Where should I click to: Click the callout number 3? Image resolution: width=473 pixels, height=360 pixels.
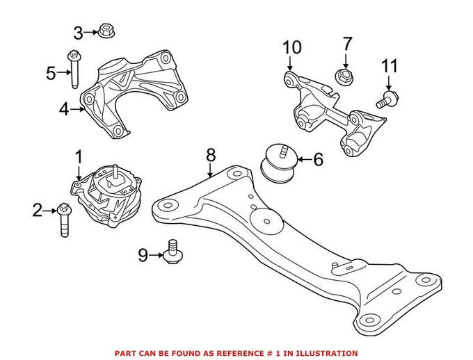click(x=78, y=32)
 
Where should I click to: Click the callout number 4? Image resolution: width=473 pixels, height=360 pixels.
click(x=64, y=109)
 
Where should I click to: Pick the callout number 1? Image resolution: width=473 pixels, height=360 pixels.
click(x=78, y=156)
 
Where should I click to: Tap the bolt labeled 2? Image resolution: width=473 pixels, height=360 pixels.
click(x=63, y=219)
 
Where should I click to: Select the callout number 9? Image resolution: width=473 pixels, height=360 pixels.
click(x=143, y=256)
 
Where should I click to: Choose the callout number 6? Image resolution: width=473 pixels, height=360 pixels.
click(x=318, y=160)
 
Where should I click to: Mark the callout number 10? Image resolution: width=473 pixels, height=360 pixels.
click(x=292, y=48)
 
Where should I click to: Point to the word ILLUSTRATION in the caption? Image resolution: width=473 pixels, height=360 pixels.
click(x=327, y=353)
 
